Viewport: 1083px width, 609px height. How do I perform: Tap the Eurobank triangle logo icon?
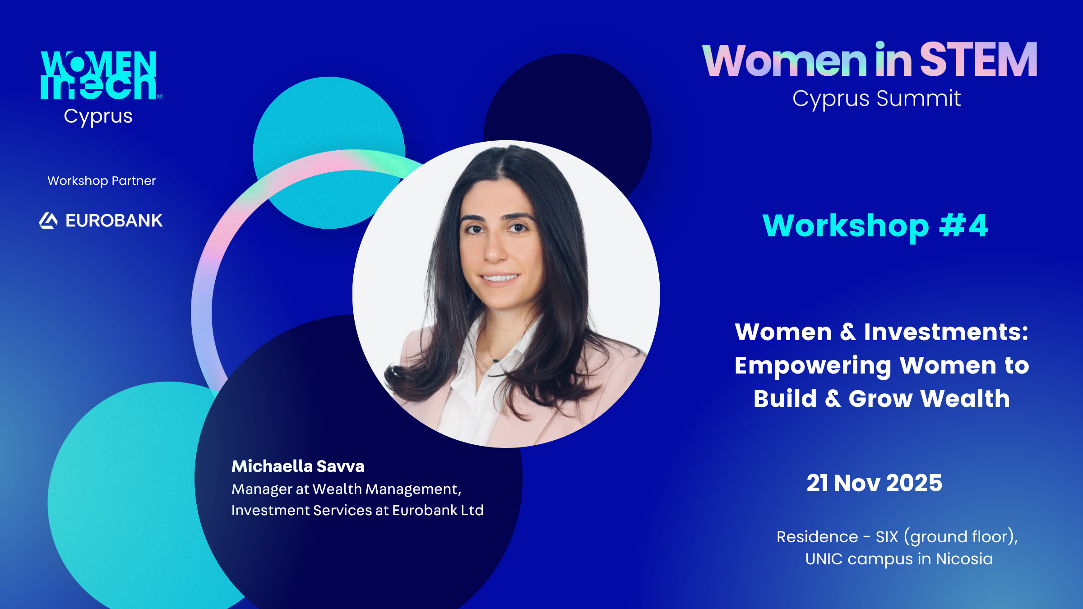pos(48,221)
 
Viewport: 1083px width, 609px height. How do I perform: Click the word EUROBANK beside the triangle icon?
pos(114,221)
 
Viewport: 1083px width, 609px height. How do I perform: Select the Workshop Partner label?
pos(102,181)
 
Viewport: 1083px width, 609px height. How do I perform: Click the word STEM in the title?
pos(978,60)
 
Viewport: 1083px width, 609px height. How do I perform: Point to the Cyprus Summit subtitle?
pos(876,99)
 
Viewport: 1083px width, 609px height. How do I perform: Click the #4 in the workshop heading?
pos(964,225)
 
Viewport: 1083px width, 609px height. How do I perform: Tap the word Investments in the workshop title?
pos(946,332)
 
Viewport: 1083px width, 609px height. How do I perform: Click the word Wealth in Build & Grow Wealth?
pos(965,399)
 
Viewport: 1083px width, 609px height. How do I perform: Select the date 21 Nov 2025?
pos(875,483)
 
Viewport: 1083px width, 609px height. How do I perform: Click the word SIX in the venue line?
pos(887,537)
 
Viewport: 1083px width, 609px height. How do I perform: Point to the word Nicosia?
pos(964,559)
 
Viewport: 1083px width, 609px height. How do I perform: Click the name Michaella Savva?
pos(298,466)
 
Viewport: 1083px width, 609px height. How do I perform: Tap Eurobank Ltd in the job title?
pos(438,510)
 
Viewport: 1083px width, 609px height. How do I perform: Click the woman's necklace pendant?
pos(495,360)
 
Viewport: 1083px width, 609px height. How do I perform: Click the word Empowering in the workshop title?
pos(813,366)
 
